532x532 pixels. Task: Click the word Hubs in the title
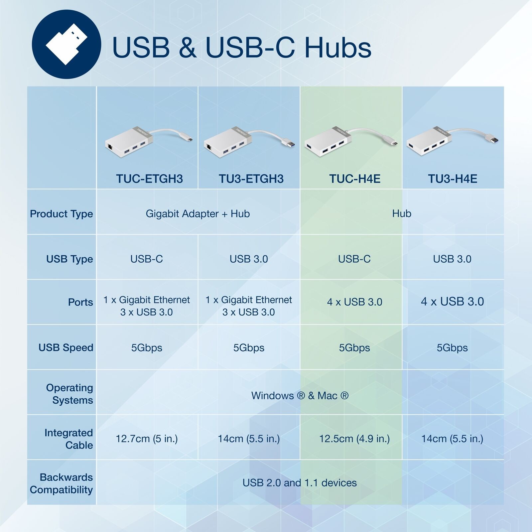click(338, 48)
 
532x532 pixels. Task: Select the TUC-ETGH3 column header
click(149, 179)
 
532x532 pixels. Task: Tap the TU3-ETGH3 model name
click(251, 179)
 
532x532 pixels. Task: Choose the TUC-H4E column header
click(355, 179)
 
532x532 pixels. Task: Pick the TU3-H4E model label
click(453, 179)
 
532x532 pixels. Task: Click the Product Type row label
click(62, 214)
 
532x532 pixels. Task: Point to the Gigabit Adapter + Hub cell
click(198, 213)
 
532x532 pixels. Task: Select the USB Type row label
click(69, 259)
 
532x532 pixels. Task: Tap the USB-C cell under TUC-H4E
click(354, 259)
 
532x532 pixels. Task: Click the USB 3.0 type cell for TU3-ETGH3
click(249, 259)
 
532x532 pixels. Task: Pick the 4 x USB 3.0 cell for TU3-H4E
click(452, 302)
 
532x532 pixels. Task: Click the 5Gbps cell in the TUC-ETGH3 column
click(147, 348)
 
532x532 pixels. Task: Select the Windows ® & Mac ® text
click(300, 396)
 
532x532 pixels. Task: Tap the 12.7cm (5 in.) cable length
click(147, 439)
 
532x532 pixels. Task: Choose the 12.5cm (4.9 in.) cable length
click(354, 439)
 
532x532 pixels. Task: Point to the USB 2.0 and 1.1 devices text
click(300, 483)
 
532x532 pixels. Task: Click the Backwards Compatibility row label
click(61, 483)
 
